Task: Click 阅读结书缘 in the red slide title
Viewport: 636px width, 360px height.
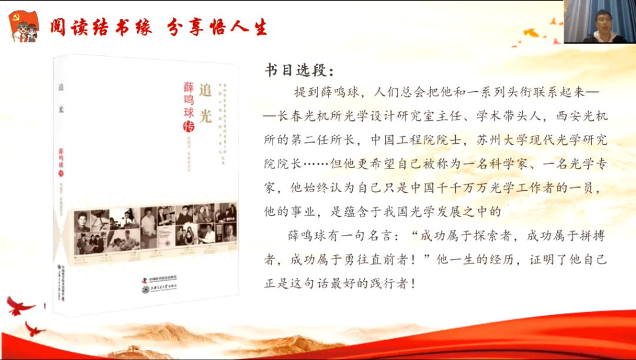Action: pos(101,27)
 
